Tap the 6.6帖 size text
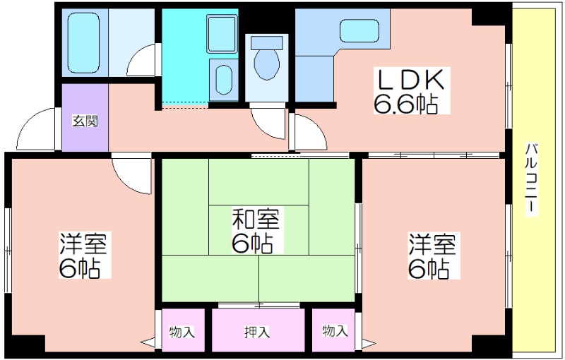(404, 104)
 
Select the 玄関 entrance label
(85, 120)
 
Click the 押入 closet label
(257, 331)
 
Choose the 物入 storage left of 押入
(182, 331)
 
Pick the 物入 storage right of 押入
(335, 331)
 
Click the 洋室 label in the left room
(83, 244)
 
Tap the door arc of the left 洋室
(133, 173)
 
